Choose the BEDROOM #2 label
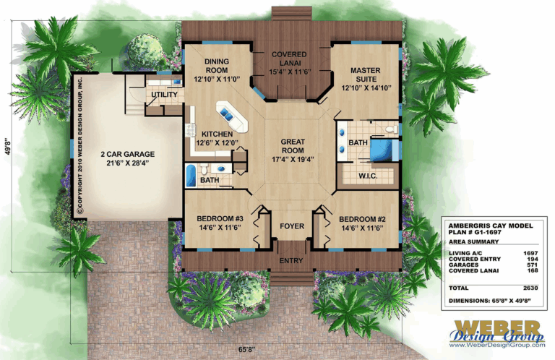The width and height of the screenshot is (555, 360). pos(359,218)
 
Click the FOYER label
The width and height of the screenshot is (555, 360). pos(291,226)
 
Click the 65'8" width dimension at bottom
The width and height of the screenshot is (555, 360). pos(269,348)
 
